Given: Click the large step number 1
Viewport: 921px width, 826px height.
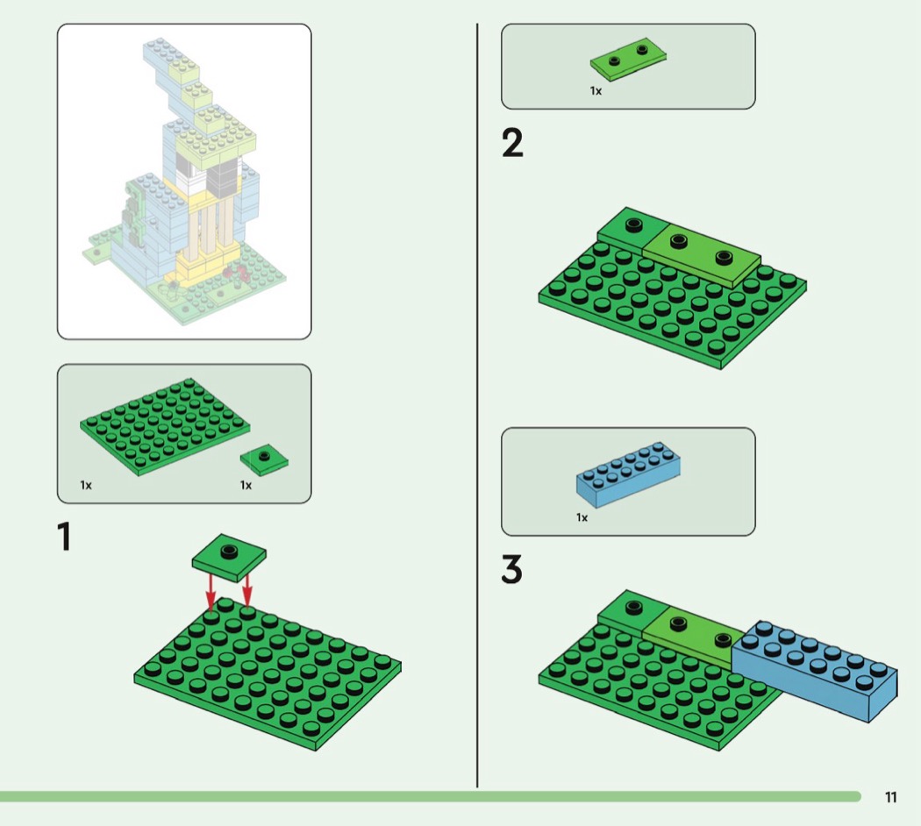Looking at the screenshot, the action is coord(64,536).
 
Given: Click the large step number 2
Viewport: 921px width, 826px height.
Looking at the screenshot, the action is coord(512,143).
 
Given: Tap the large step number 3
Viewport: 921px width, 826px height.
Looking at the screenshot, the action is coord(511,569).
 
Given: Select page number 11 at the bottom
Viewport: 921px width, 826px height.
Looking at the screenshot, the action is coord(890,797).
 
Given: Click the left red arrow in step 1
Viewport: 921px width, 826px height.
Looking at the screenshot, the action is coord(211,593).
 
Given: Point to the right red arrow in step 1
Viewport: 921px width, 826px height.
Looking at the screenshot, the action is coord(247,589).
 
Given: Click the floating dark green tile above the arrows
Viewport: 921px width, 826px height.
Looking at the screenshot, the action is coord(229,557).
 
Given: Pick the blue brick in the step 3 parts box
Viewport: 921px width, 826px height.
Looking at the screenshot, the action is coord(628,475).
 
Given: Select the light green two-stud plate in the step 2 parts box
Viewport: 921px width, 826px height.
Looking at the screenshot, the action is coord(628,60).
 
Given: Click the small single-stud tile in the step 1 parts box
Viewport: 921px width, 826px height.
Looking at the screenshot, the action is coord(264,459).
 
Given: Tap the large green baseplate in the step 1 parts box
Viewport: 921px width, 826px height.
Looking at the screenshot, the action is coord(165,427).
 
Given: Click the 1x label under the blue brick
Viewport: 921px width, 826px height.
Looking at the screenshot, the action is coord(582,517).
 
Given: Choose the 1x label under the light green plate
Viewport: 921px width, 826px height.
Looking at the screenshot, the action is coord(596,91).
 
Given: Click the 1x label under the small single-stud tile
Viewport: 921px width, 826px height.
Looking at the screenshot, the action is coord(246,485).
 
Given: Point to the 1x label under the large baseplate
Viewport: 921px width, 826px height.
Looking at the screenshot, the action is coord(86,485).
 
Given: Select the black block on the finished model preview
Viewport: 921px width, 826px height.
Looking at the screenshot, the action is coord(221,178).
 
